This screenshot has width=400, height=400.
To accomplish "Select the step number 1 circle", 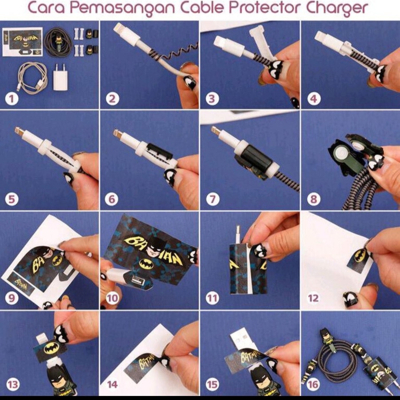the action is pyautogui.click(x=12, y=99).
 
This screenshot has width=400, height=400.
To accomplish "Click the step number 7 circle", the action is pyautogui.click(x=212, y=199).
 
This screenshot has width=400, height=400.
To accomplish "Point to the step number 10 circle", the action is pyautogui.click(x=112, y=298).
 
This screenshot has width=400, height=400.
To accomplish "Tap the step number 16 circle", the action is pyautogui.click(x=314, y=384).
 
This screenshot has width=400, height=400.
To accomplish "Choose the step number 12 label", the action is pyautogui.click(x=313, y=298).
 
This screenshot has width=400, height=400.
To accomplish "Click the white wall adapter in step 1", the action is pyautogui.click(x=61, y=77).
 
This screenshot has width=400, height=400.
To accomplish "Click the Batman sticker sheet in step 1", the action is pyautogui.click(x=23, y=42).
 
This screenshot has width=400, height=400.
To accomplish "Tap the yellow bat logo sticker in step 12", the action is pyautogui.click(x=360, y=255).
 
